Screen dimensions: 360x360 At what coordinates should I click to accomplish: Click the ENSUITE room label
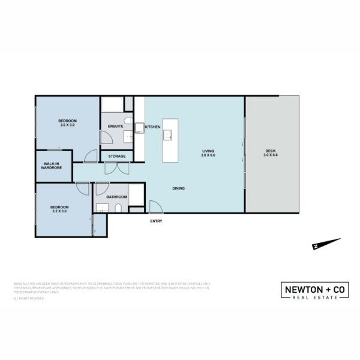point(116,126)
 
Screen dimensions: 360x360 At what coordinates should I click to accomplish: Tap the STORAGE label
point(117,157)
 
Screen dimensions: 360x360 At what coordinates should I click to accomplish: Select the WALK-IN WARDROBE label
point(52,166)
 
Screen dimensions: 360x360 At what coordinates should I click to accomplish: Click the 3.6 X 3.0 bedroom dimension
point(67,125)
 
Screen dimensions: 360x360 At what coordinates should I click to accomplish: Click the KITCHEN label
point(152,127)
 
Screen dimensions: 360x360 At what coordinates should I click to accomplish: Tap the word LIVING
point(208,151)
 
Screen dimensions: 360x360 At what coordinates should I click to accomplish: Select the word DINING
point(178,188)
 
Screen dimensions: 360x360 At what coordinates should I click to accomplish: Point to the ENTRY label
point(156,221)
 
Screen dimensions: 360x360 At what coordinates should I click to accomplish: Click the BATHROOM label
point(116,197)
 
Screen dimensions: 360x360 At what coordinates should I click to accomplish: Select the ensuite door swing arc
point(106,141)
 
